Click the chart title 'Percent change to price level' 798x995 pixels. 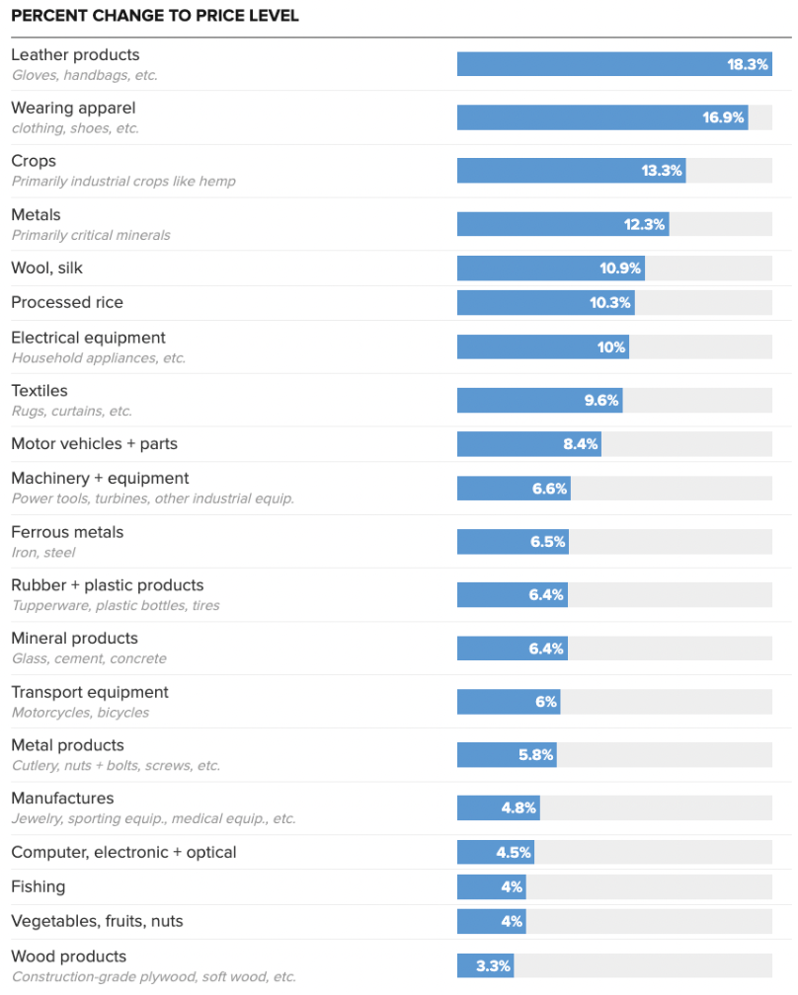(x=155, y=17)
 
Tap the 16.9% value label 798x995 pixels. (x=723, y=117)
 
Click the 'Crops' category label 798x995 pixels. (x=34, y=161)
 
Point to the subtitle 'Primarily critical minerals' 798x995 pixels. (x=91, y=235)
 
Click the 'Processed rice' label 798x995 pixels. (x=67, y=302)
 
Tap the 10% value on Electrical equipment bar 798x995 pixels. (x=611, y=347)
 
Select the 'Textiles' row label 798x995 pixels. (x=40, y=391)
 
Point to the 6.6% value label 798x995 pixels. (x=549, y=489)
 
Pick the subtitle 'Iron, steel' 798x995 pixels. (x=43, y=552)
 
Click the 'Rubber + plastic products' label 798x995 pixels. (x=108, y=585)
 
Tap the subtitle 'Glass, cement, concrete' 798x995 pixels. (x=89, y=658)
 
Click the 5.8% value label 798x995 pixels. (x=536, y=755)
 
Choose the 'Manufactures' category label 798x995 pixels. (x=62, y=798)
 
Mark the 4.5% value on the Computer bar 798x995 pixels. (x=514, y=852)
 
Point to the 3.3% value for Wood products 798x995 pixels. (x=493, y=966)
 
